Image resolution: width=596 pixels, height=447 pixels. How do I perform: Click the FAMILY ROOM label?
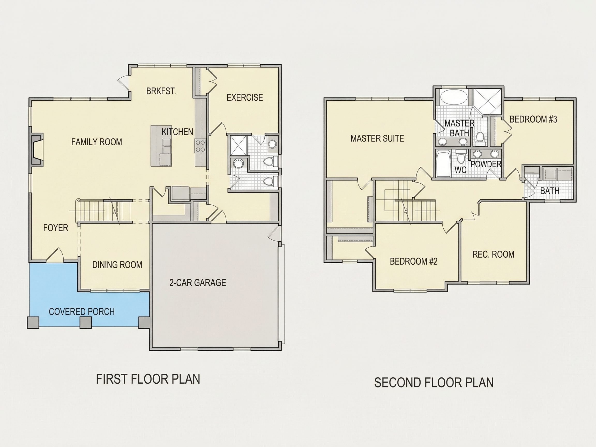pos(96,142)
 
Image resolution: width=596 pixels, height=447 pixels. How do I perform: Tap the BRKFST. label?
pos(161,91)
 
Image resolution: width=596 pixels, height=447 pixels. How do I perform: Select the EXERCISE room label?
pos(245,97)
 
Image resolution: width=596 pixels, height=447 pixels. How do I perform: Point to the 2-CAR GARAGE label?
pos(197,282)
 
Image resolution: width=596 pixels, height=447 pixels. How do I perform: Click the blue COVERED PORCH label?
pos(82,311)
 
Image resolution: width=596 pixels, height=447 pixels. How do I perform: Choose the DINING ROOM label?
pos(117,265)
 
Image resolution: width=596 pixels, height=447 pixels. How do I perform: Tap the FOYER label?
pos(56,228)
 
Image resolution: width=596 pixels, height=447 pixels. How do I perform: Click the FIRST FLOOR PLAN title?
pos(148,379)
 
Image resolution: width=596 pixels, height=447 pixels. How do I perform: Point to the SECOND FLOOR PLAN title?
pos(434,383)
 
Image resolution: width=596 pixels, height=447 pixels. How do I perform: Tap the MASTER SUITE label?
pos(377,138)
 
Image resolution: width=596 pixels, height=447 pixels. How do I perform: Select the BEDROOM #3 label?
pos(533,119)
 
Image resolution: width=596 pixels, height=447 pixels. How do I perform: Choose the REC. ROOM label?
pos(493,254)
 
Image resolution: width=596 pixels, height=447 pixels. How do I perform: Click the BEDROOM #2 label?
pos(414,261)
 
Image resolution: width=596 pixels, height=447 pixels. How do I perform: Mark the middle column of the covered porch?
pos(86,322)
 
